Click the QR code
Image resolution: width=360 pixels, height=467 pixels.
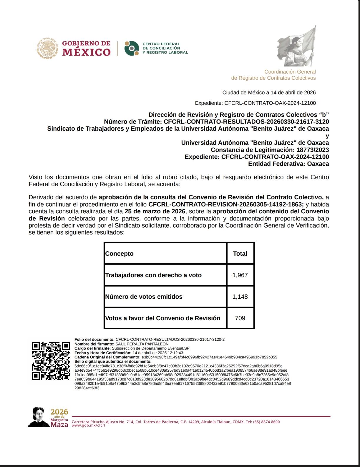pos(51,360)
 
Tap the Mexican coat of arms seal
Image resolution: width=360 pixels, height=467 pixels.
pos(48,49)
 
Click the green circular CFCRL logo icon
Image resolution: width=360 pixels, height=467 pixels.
pos(132,48)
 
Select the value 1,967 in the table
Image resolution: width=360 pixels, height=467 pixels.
pos(240,275)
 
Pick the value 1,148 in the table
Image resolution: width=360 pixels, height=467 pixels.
pos(240,297)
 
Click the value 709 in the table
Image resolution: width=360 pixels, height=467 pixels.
pos(240,318)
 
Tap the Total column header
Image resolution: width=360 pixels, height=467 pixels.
pos(240,254)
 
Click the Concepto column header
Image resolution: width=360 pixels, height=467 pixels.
pos(120,254)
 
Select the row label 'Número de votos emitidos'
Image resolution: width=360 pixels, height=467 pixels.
pos(144,297)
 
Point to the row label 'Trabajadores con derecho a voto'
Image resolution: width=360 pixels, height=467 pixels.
pos(153,275)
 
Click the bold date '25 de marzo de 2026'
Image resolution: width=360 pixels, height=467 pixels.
pos(155,211)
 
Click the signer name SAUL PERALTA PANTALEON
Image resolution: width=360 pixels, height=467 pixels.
pos(142,344)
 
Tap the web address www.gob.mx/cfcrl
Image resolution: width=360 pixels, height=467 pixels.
pos(88,425)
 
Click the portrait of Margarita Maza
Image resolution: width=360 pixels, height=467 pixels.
pos(39,417)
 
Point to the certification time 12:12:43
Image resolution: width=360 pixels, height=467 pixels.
pos(175,353)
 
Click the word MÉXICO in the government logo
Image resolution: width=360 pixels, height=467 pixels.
pos(87,52)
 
